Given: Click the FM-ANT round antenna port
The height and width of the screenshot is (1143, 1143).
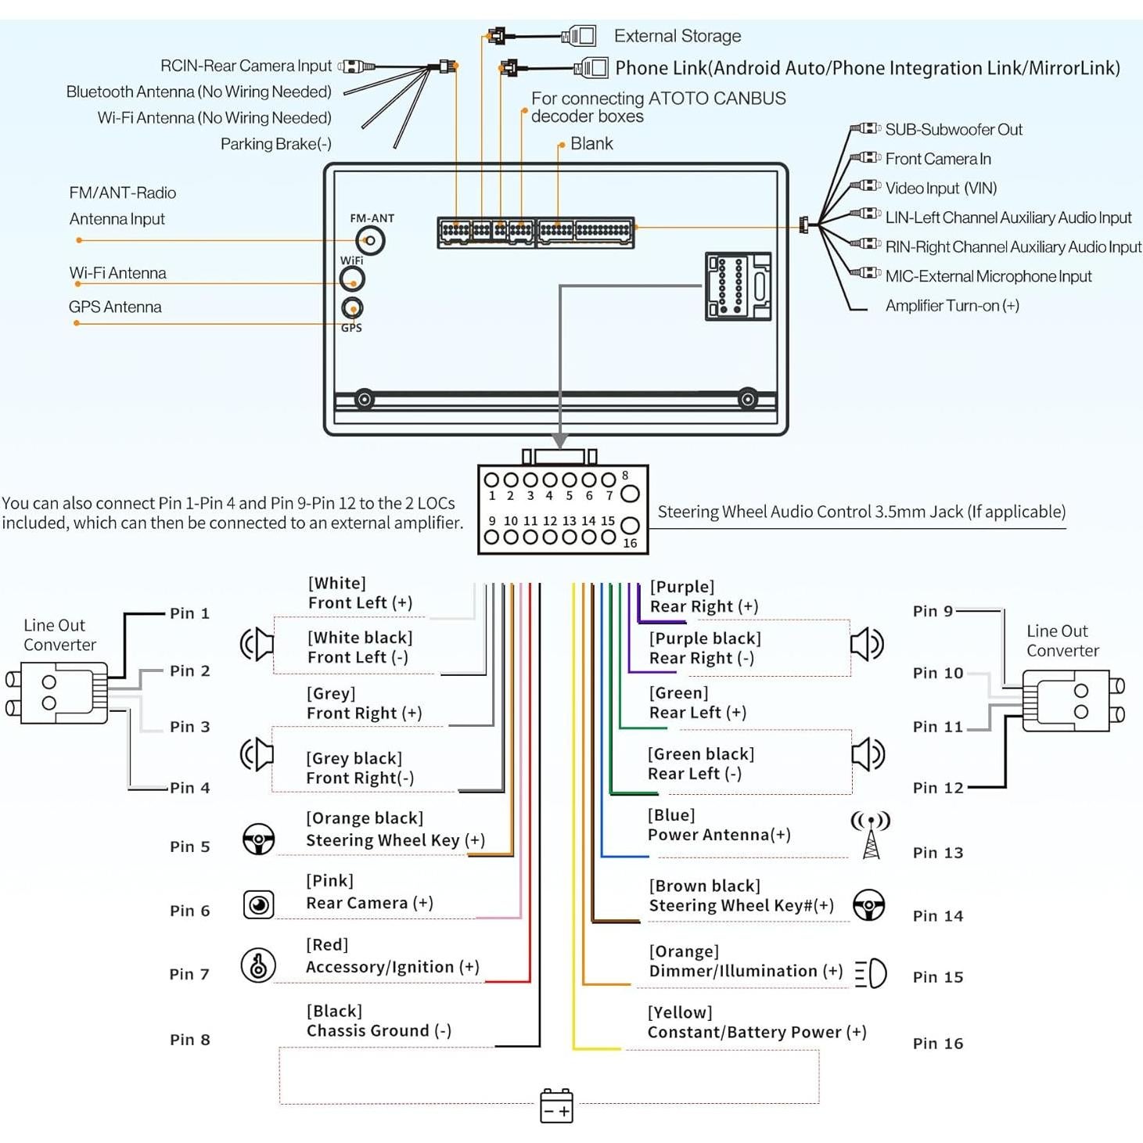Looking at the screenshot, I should [x=370, y=241].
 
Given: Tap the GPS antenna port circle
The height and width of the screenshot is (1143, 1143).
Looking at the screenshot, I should [x=352, y=307].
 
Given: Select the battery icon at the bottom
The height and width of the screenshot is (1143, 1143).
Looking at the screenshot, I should [x=556, y=1106].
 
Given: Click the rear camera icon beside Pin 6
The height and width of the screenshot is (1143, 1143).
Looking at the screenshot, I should [x=258, y=904].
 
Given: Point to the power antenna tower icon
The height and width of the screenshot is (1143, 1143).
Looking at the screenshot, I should [x=871, y=835].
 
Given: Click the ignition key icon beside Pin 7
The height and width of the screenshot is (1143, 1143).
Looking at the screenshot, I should [x=258, y=965].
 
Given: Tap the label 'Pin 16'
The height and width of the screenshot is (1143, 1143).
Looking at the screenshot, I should [x=937, y=1044].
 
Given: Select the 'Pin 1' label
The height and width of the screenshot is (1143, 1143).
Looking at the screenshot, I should [x=189, y=613].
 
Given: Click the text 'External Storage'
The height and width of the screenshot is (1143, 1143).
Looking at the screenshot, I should [x=677, y=36].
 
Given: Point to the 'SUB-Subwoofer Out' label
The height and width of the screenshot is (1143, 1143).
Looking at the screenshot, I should [x=953, y=130].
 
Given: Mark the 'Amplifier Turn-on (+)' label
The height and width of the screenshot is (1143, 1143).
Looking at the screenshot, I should [x=951, y=306].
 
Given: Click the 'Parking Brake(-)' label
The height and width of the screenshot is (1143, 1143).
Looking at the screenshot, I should [x=275, y=144].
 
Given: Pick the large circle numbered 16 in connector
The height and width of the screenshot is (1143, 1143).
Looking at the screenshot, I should [x=630, y=526].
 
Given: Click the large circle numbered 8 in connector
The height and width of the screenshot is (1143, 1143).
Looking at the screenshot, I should [x=630, y=494].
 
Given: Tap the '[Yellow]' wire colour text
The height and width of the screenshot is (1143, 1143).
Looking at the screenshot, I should [x=679, y=1012].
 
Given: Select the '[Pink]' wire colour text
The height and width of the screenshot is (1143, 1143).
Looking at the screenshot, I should [x=329, y=881].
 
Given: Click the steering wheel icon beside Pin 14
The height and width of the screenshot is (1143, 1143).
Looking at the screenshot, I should [x=868, y=905].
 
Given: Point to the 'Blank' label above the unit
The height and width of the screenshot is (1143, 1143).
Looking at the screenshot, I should [x=591, y=144].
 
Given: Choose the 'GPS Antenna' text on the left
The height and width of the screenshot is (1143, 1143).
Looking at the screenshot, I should [x=115, y=307].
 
